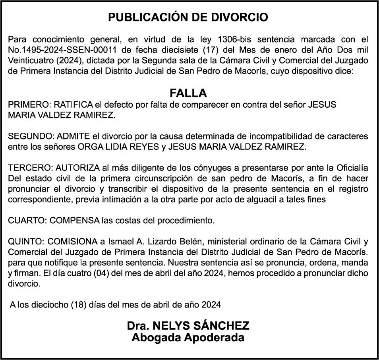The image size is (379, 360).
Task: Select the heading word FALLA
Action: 188,93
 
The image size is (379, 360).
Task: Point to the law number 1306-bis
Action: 234,40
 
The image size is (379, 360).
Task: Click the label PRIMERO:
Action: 29,105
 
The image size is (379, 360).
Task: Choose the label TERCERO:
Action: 31,168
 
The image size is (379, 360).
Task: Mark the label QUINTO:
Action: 27,242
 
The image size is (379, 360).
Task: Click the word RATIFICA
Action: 73,105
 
